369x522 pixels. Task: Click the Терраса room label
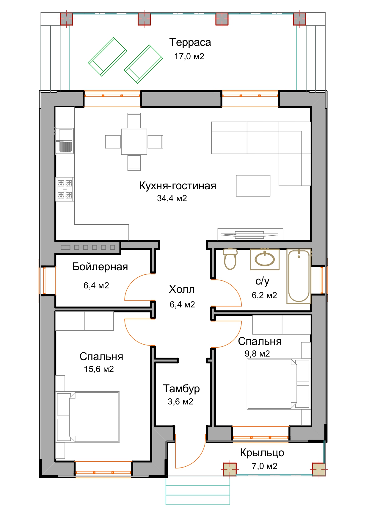tap(190, 42)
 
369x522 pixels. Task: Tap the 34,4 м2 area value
tap(172, 198)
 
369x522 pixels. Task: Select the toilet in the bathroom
tap(230, 259)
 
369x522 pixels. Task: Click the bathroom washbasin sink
tap(265, 259)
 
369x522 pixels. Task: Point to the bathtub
tap(299, 276)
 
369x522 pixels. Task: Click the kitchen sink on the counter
tap(65, 141)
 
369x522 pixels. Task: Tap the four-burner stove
tap(65, 189)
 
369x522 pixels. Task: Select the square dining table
tap(134, 142)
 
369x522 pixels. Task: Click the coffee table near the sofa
tap(253, 186)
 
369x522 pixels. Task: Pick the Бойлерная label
tap(100, 267)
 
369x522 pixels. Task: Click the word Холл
tap(182, 289)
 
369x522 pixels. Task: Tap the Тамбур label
tap(181, 389)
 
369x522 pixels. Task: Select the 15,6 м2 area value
tap(99, 369)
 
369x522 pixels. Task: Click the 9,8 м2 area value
tap(257, 354)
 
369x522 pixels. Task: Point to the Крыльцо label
tap(262, 453)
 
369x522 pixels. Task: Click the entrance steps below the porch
tap(198, 490)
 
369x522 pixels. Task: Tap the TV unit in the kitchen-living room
tap(250, 235)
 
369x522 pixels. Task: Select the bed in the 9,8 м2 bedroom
tap(278, 384)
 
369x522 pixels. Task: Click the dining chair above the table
tap(134, 121)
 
